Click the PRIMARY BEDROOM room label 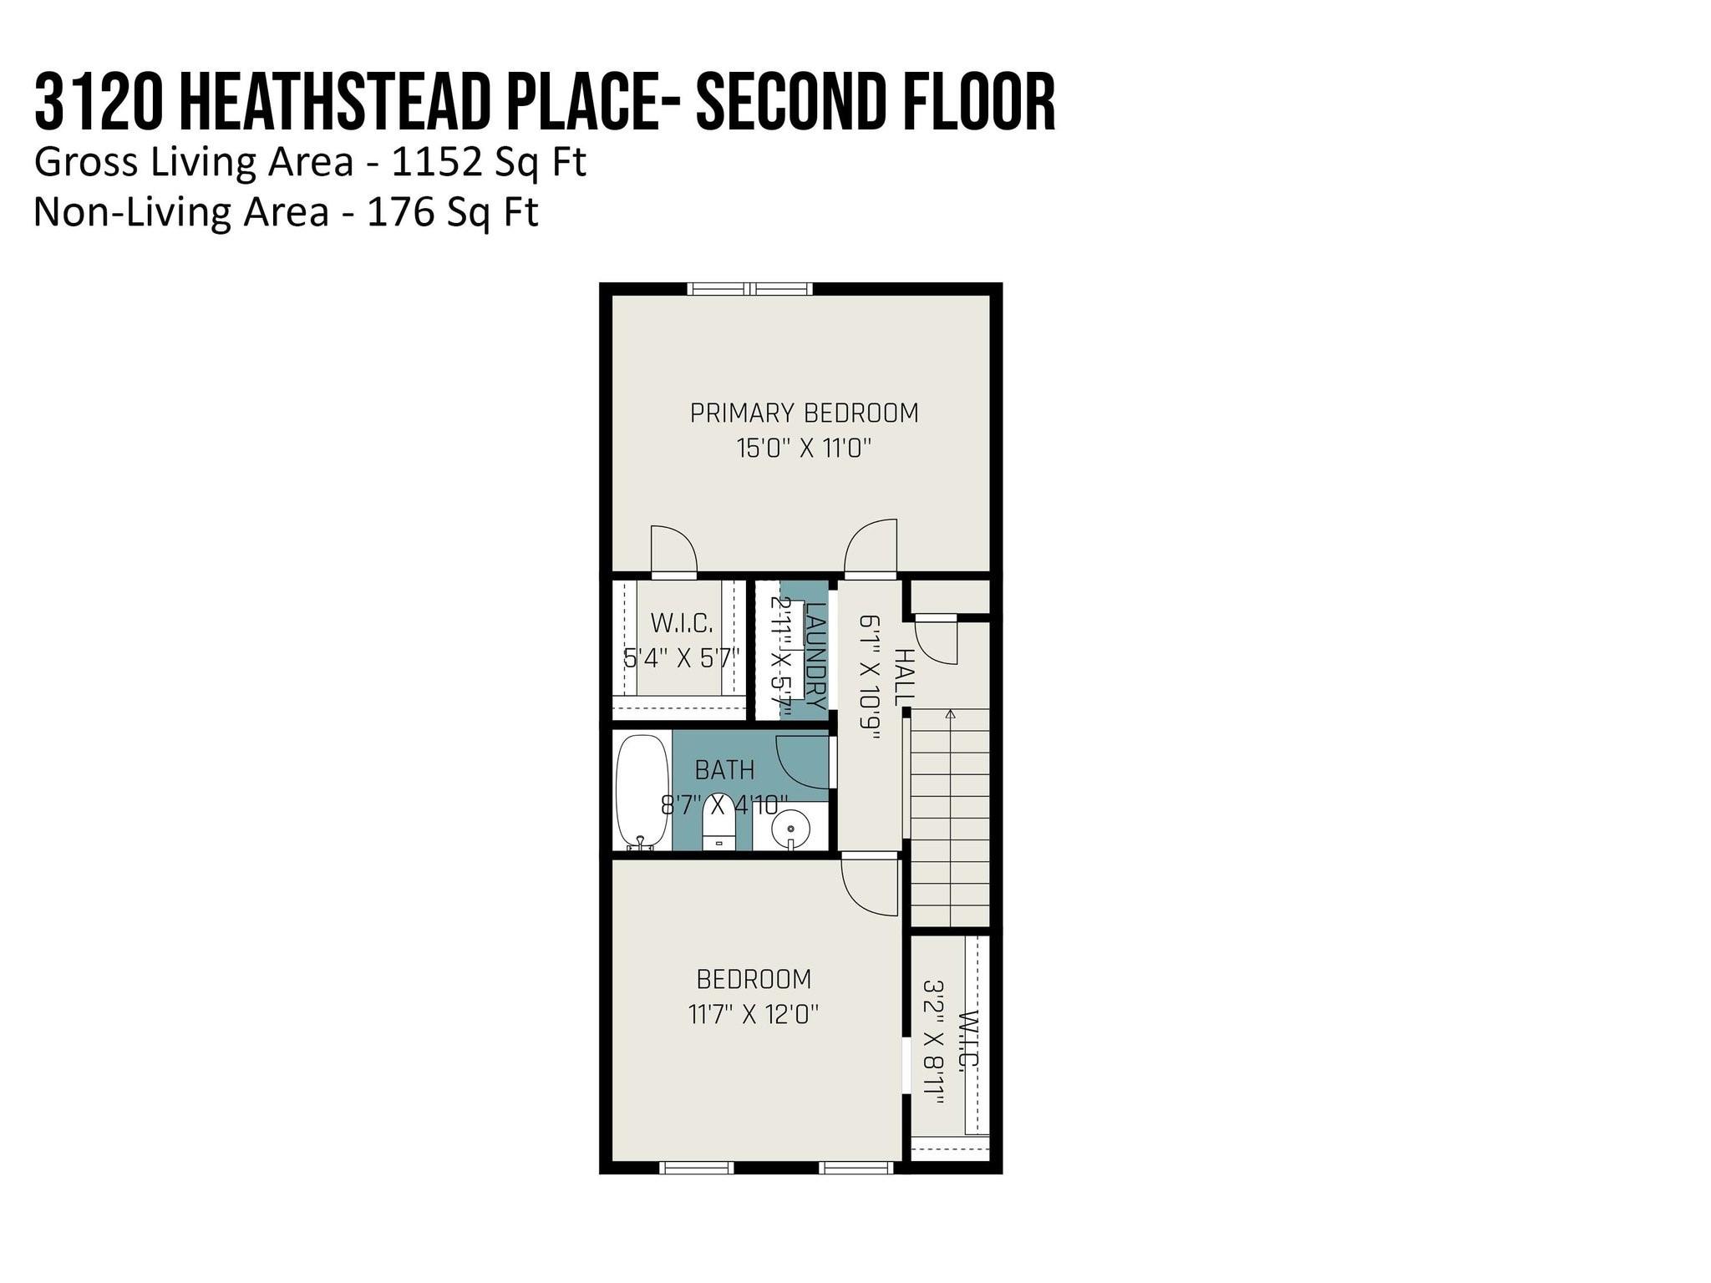(x=804, y=413)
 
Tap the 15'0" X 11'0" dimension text (x=804, y=449)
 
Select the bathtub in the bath (x=642, y=792)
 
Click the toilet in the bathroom (x=718, y=823)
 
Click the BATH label (x=724, y=769)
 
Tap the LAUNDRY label (x=816, y=656)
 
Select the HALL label (x=904, y=677)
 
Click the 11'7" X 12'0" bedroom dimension (x=754, y=1015)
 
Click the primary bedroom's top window (x=750, y=289)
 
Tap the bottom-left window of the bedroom (x=696, y=1168)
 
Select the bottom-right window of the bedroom (x=856, y=1168)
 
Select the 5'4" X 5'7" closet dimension (x=682, y=658)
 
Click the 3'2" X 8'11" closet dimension (x=933, y=1042)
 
